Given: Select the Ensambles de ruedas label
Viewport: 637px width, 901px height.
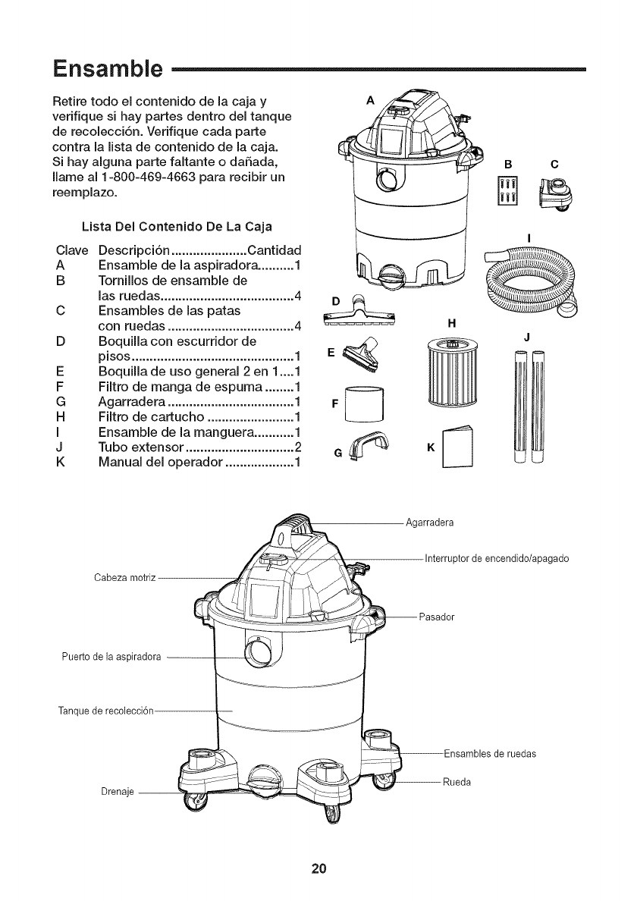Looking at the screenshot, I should (490, 753).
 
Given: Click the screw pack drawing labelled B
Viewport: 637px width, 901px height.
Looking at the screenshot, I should (507, 190).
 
